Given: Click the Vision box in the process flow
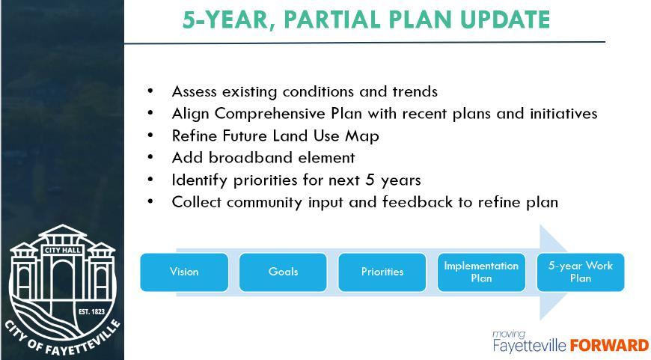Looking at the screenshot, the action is (x=184, y=272).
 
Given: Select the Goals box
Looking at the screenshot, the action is (x=283, y=272).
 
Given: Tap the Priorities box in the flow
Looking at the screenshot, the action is (x=382, y=272).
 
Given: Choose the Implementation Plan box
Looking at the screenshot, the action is (x=481, y=272).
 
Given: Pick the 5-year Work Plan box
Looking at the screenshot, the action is (x=581, y=272).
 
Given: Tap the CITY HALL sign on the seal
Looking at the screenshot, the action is (x=63, y=250).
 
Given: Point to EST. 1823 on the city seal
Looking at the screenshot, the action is (x=92, y=311).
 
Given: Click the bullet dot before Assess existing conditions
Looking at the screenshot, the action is (x=150, y=91).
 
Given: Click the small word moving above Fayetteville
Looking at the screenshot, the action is (x=509, y=335).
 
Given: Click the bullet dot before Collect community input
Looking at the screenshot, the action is (x=150, y=201).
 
